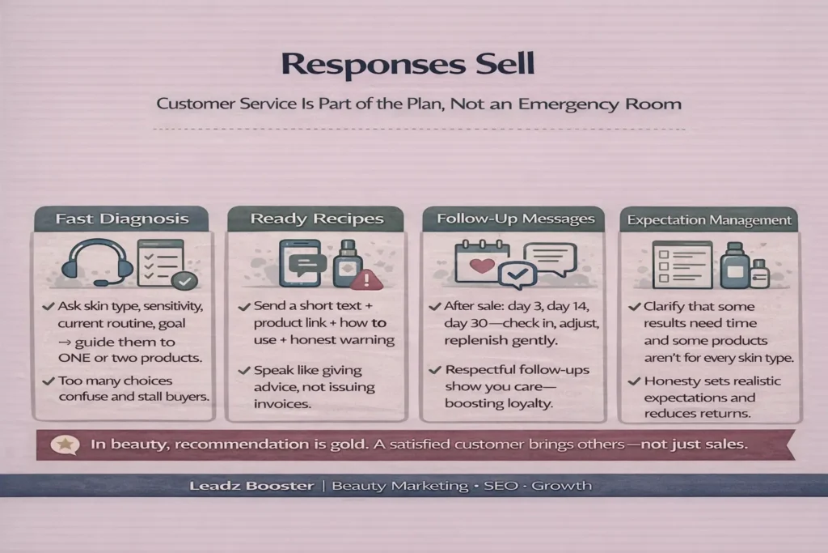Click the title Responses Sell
coord(413,66)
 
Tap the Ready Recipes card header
coord(316,219)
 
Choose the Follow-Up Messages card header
coord(515,219)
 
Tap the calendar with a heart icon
coord(481,265)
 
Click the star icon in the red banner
coord(65,444)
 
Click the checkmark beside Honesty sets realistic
coord(635,381)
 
